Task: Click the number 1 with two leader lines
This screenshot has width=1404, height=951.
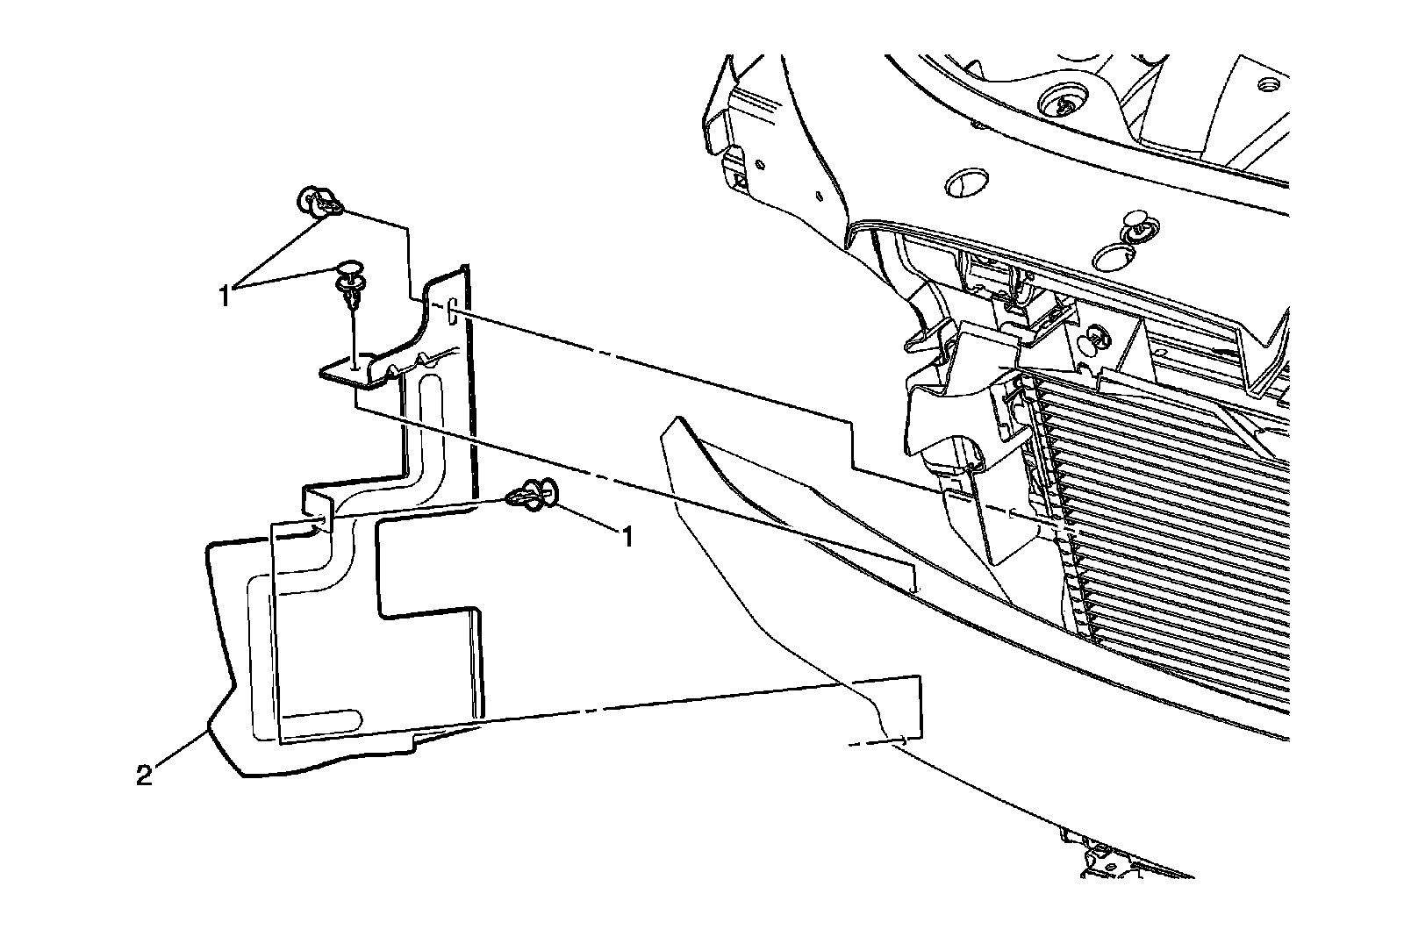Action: point(226,296)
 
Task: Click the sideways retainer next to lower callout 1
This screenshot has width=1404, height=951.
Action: point(532,496)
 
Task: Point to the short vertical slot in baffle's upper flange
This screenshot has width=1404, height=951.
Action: point(450,312)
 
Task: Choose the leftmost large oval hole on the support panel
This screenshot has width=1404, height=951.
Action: point(964,182)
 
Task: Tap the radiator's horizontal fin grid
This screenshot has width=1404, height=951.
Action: point(1167,491)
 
